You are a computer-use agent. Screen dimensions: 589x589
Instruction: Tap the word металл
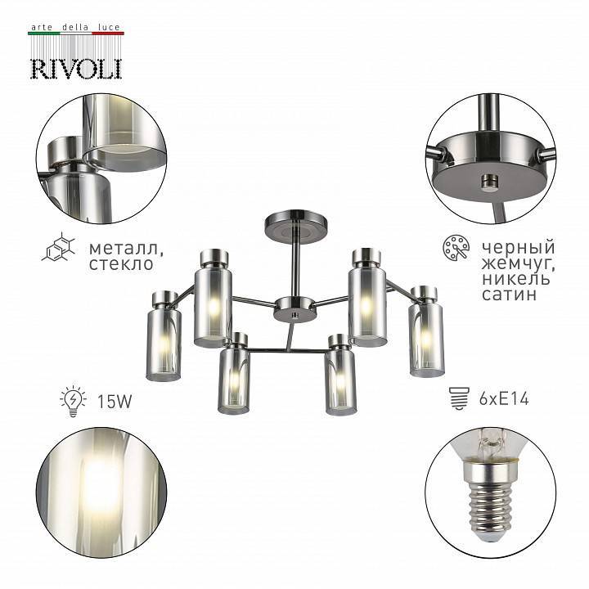[x=122, y=247]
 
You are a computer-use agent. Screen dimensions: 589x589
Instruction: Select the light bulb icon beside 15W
[x=73, y=402]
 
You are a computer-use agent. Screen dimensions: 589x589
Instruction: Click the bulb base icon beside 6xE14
[x=456, y=401]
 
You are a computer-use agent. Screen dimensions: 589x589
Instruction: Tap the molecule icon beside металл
[x=59, y=248]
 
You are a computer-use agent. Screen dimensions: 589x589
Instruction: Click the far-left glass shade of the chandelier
[x=164, y=344]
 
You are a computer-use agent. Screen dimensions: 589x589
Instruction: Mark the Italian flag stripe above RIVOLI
[x=76, y=34]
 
